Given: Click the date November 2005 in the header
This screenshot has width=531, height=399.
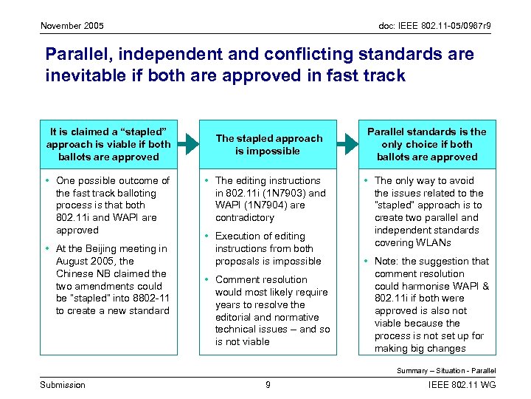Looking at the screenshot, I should (x=72, y=26).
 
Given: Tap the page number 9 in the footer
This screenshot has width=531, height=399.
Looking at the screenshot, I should (x=268, y=384).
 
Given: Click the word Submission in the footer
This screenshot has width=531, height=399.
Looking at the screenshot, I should (x=63, y=384).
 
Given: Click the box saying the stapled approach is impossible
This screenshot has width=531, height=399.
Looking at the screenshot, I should (x=268, y=144).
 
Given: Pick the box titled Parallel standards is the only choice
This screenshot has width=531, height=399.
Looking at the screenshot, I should (x=428, y=144).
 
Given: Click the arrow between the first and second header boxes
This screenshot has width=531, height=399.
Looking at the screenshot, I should (x=190, y=144).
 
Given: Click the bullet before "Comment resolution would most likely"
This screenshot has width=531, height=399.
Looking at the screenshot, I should (x=207, y=280).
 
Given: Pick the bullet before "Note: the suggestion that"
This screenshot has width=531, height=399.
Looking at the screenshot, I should (x=367, y=262).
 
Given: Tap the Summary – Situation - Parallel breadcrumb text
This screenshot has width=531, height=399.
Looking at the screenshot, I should (x=446, y=370).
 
